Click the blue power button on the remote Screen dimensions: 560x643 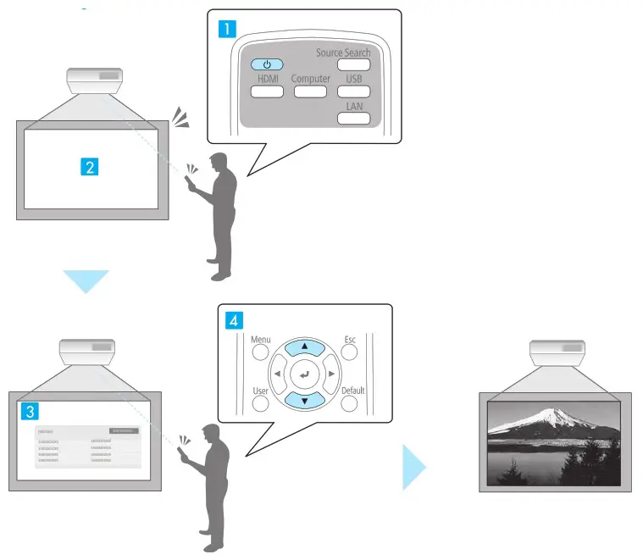click(x=267, y=64)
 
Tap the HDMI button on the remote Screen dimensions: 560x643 click(x=267, y=91)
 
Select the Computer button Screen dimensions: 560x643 click(x=310, y=91)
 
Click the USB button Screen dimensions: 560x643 click(x=354, y=91)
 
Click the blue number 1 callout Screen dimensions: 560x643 click(x=228, y=28)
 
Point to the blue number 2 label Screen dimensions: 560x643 click(x=89, y=167)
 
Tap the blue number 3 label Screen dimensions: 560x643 click(x=30, y=411)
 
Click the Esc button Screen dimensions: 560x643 click(x=351, y=352)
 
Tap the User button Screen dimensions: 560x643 click(x=261, y=402)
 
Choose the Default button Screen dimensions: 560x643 click(x=351, y=402)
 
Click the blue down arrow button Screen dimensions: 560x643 click(x=305, y=399)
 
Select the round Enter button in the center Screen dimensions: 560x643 click(x=305, y=373)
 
